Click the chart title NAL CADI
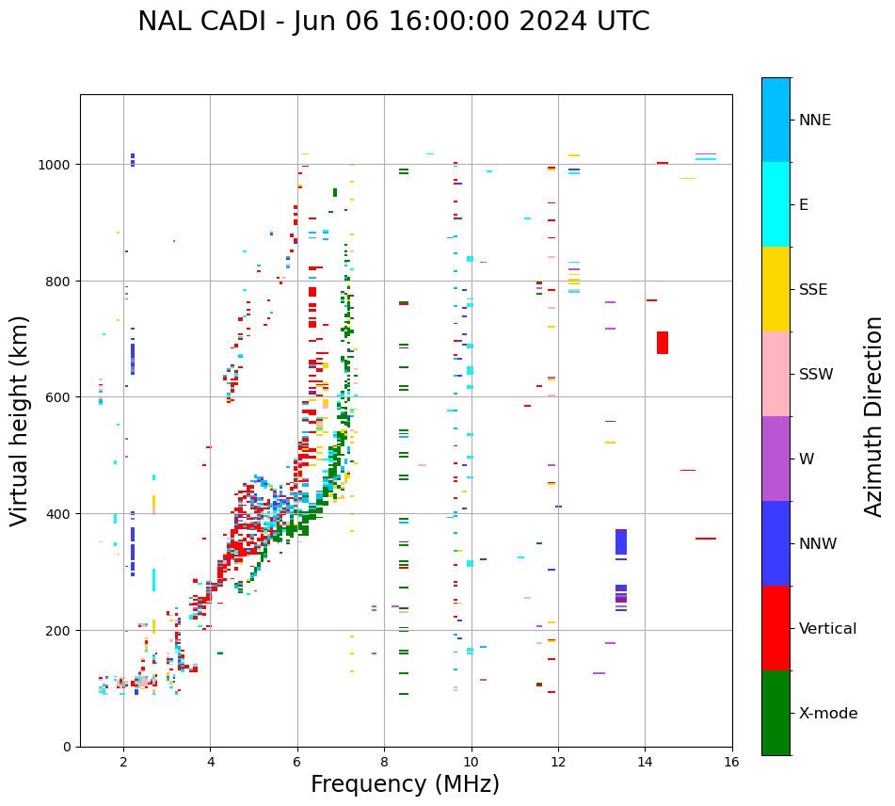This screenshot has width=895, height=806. pyautogui.click(x=393, y=22)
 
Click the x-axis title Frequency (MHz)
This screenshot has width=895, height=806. pyautogui.click(x=405, y=784)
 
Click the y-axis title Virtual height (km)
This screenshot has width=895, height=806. pyautogui.click(x=20, y=420)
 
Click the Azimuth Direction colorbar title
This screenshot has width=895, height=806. pyautogui.click(x=874, y=416)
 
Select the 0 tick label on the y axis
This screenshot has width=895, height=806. pyautogui.click(x=67, y=747)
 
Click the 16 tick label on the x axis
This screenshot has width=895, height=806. pyautogui.click(x=732, y=763)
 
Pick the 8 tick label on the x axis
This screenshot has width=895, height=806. pyautogui.click(x=384, y=763)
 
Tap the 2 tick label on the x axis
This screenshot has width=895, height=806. pyautogui.click(x=123, y=763)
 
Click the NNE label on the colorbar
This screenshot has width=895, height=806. pyautogui.click(x=815, y=121)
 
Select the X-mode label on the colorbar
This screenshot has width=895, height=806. pyautogui.click(x=828, y=714)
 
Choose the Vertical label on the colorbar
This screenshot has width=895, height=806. pyautogui.click(x=828, y=629)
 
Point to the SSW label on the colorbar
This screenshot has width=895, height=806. pyautogui.click(x=816, y=375)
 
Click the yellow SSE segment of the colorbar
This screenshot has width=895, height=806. pyautogui.click(x=775, y=289)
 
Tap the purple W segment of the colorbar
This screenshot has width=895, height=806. pyautogui.click(x=775, y=459)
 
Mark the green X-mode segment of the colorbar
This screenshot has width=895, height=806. pyautogui.click(x=775, y=713)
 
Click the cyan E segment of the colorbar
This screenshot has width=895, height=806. pyautogui.click(x=775, y=204)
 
